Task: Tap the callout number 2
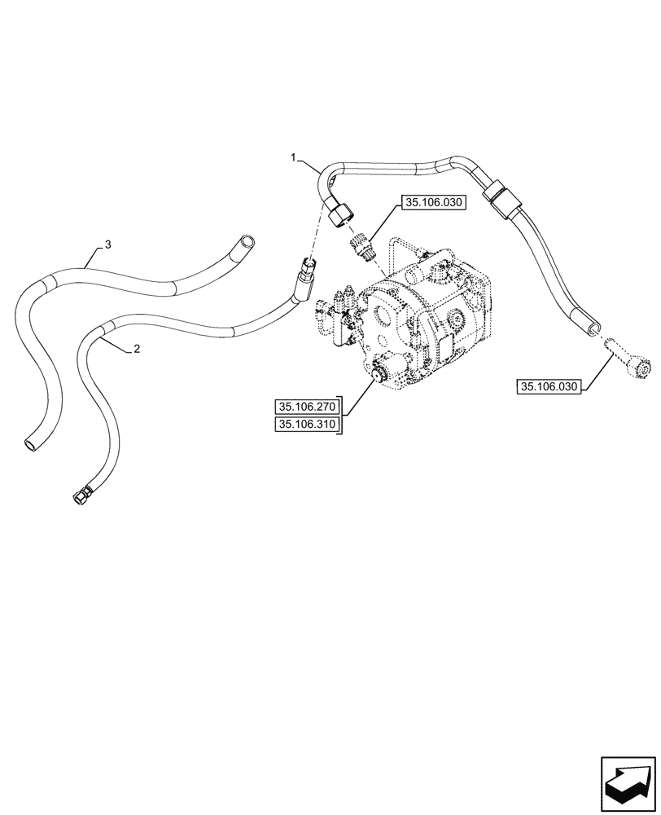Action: tap(137, 349)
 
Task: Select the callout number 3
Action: tap(107, 244)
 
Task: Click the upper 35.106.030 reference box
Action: tap(431, 204)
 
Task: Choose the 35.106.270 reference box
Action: tap(307, 405)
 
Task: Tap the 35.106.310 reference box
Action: tap(307, 424)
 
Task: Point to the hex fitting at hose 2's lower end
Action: tap(81, 495)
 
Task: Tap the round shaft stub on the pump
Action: tap(377, 375)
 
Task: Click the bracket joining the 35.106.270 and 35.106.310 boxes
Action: tap(341, 415)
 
